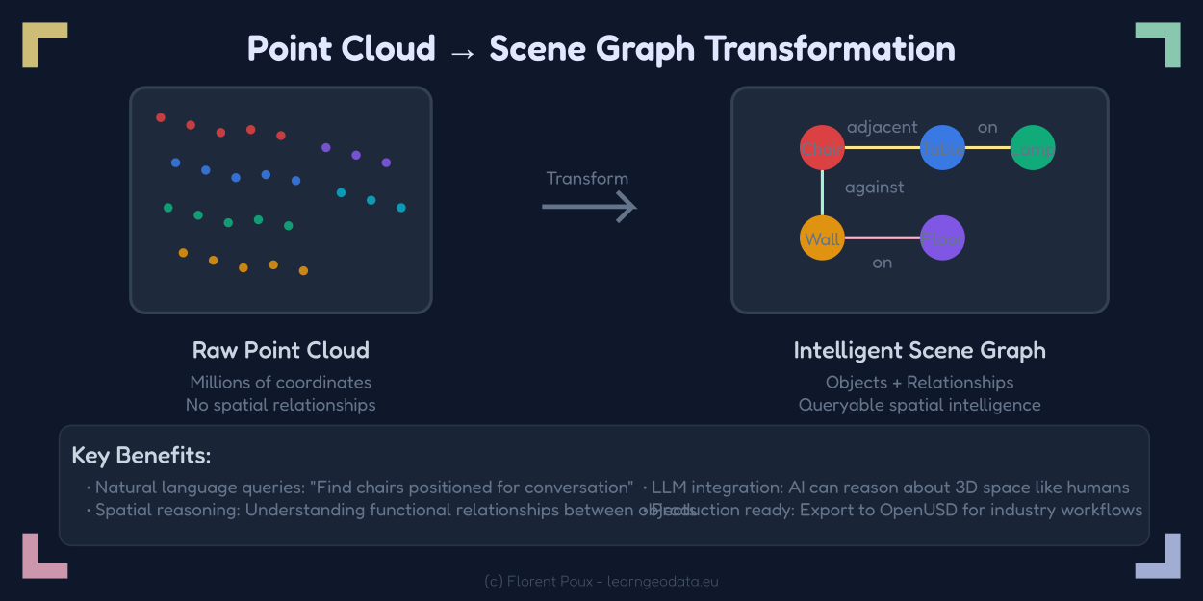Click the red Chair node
pos(822,148)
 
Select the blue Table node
pos(942,148)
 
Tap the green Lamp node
pos(1034,148)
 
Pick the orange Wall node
pos(822,238)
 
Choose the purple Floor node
pos(942,238)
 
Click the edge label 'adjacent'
pos(883,127)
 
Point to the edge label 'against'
pos(874,188)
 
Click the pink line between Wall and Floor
pos(882,238)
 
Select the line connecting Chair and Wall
pos(822,193)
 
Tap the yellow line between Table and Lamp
pos(987,148)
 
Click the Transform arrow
pos(589,206)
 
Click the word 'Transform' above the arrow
pos(587,178)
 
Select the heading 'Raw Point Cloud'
pos(281,350)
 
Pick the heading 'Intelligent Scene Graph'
pos(919,350)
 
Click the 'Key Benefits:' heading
pos(141,455)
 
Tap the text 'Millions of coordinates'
pos(281,383)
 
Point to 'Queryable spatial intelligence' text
pos(919,405)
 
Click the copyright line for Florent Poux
pos(601,582)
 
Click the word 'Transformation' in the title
pos(832,48)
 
